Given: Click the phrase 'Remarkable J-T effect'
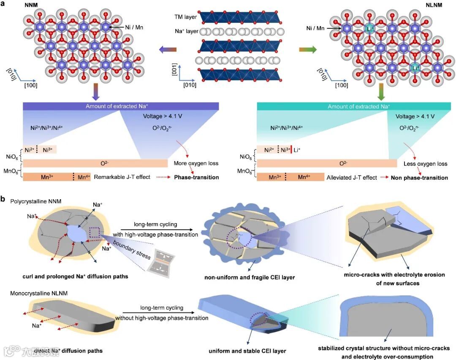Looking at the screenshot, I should pos(122,177).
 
